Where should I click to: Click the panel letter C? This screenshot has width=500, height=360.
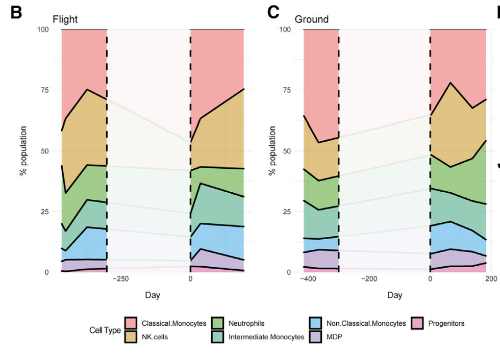tap(273, 13)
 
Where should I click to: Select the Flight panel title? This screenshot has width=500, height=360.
tap(65, 20)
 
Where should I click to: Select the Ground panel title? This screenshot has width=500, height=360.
tap(311, 20)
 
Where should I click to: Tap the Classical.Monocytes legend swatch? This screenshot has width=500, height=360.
tap(131, 323)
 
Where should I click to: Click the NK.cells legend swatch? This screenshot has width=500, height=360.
tap(131, 337)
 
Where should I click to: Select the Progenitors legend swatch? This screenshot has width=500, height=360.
tap(418, 323)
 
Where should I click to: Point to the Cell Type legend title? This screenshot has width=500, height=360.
tap(105, 330)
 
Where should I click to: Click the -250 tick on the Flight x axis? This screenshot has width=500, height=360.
tap(120, 279)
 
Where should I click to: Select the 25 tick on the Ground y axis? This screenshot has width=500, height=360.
tap(288, 212)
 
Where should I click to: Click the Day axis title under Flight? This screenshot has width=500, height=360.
tap(152, 295)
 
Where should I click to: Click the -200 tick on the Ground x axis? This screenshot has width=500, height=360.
tap(369, 279)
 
